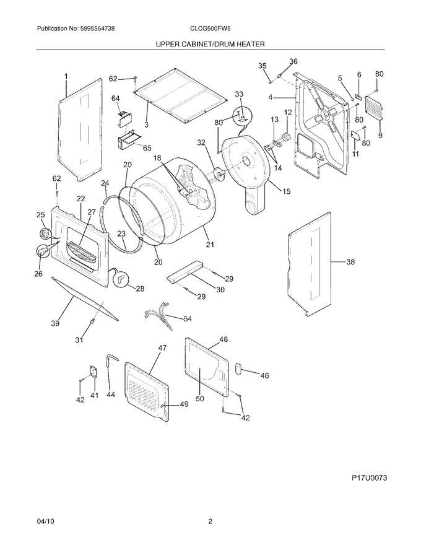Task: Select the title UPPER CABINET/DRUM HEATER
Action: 210,45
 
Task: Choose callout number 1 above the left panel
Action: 66,76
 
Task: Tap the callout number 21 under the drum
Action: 210,246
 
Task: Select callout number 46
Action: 264,375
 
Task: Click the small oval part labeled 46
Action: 236,369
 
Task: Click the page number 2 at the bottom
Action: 210,521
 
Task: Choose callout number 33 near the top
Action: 239,94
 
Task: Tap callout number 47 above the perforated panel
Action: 162,349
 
